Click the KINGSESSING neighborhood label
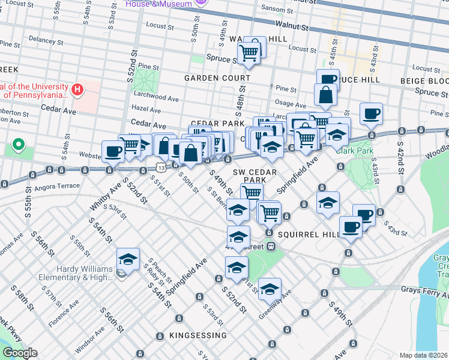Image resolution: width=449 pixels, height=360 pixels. (x=198, y=335)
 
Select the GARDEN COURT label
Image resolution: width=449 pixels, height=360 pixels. (x=217, y=78)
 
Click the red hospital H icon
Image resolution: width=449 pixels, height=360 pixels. (x=77, y=91)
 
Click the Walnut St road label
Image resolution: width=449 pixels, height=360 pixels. (x=292, y=26)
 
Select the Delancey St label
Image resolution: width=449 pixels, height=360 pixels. (x=41, y=39)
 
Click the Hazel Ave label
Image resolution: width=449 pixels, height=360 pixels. (x=146, y=110)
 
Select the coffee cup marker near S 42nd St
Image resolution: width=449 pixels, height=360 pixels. (x=371, y=113)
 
